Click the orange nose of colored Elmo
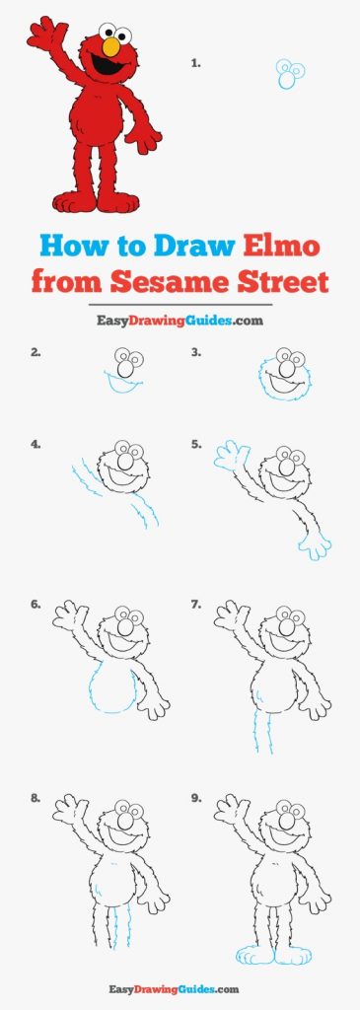[111, 46]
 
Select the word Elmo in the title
[281, 247]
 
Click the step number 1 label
[195, 63]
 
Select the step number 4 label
[36, 444]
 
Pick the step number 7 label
[195, 605]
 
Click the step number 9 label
[196, 798]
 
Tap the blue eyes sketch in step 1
[290, 73]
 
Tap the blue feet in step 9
[274, 955]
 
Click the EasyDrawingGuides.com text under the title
[180, 320]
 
